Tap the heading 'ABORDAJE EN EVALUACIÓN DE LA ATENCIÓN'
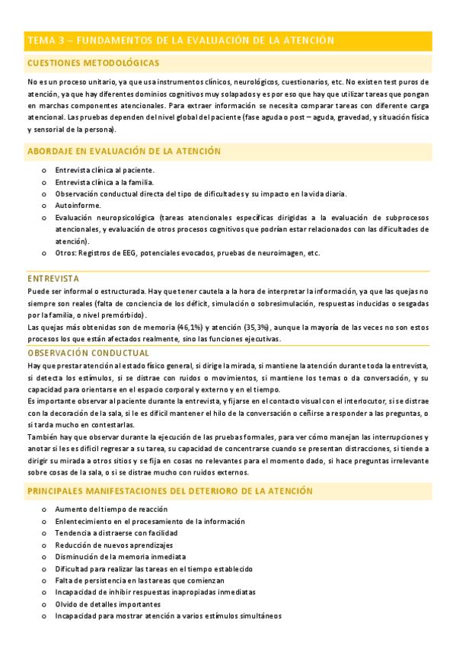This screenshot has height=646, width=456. pos(124,152)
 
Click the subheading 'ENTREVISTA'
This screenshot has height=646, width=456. pos(53,279)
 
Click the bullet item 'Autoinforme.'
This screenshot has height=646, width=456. pos(77,205)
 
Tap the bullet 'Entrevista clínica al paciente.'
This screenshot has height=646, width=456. pos(104,170)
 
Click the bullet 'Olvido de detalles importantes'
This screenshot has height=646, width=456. pos(108,604)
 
